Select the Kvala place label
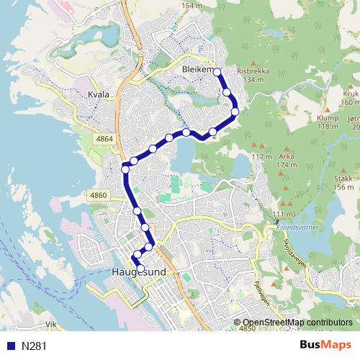97,94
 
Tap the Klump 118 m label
328,122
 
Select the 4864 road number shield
104,138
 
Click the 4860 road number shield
98,195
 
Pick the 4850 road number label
247,328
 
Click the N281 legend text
34,346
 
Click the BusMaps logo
325,346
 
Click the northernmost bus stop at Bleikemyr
217,72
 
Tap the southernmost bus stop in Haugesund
140,269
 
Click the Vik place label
50,325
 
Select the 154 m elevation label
192,6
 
